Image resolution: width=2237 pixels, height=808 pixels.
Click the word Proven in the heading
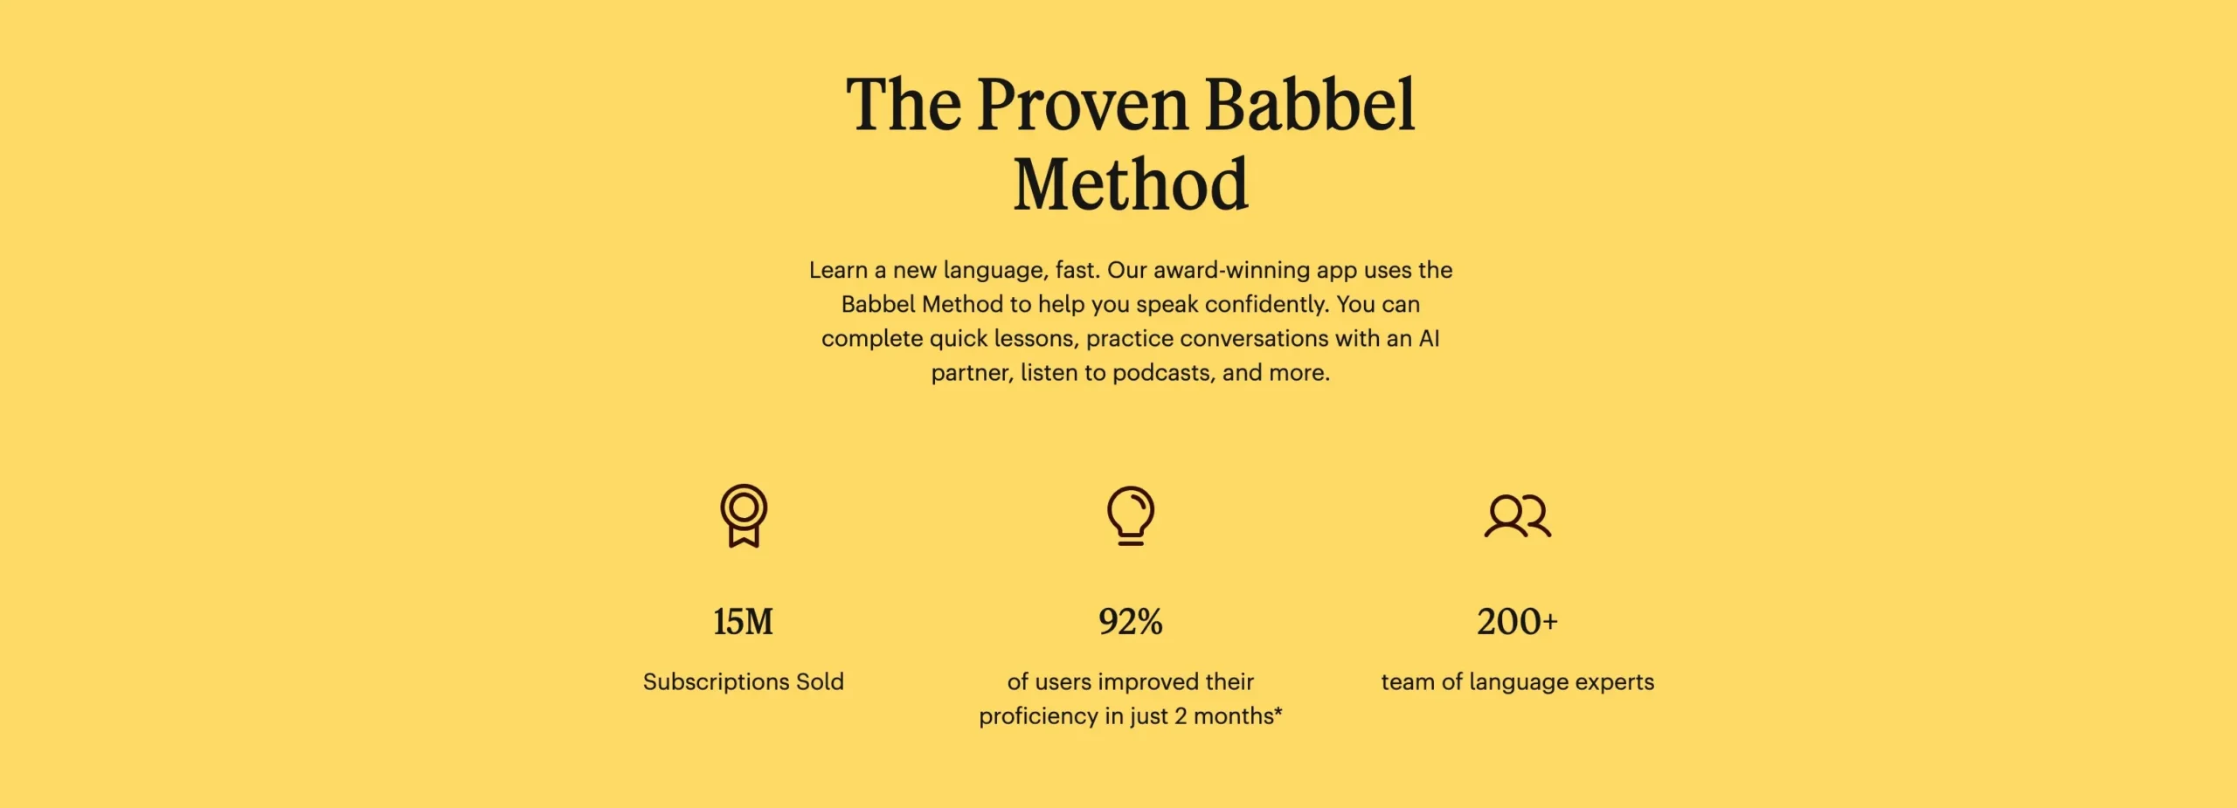(x=1083, y=105)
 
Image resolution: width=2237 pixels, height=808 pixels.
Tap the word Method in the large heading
(x=1131, y=184)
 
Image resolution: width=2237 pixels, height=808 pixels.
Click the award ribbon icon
(x=744, y=515)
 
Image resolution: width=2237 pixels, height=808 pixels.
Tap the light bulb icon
(x=1131, y=515)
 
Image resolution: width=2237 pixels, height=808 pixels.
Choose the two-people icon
(x=1518, y=516)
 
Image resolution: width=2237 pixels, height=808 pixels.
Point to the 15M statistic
(x=744, y=622)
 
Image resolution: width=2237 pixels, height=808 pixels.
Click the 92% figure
(x=1131, y=622)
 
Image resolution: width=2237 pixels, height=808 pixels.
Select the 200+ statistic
(x=1518, y=622)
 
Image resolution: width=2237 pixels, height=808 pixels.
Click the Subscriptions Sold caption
(x=744, y=681)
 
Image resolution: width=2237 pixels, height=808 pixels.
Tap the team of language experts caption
(x=1518, y=681)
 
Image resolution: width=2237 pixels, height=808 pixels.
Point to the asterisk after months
(x=1278, y=711)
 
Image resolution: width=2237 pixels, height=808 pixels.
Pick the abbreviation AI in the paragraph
(x=1429, y=338)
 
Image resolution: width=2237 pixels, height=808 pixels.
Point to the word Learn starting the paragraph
(x=838, y=270)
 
